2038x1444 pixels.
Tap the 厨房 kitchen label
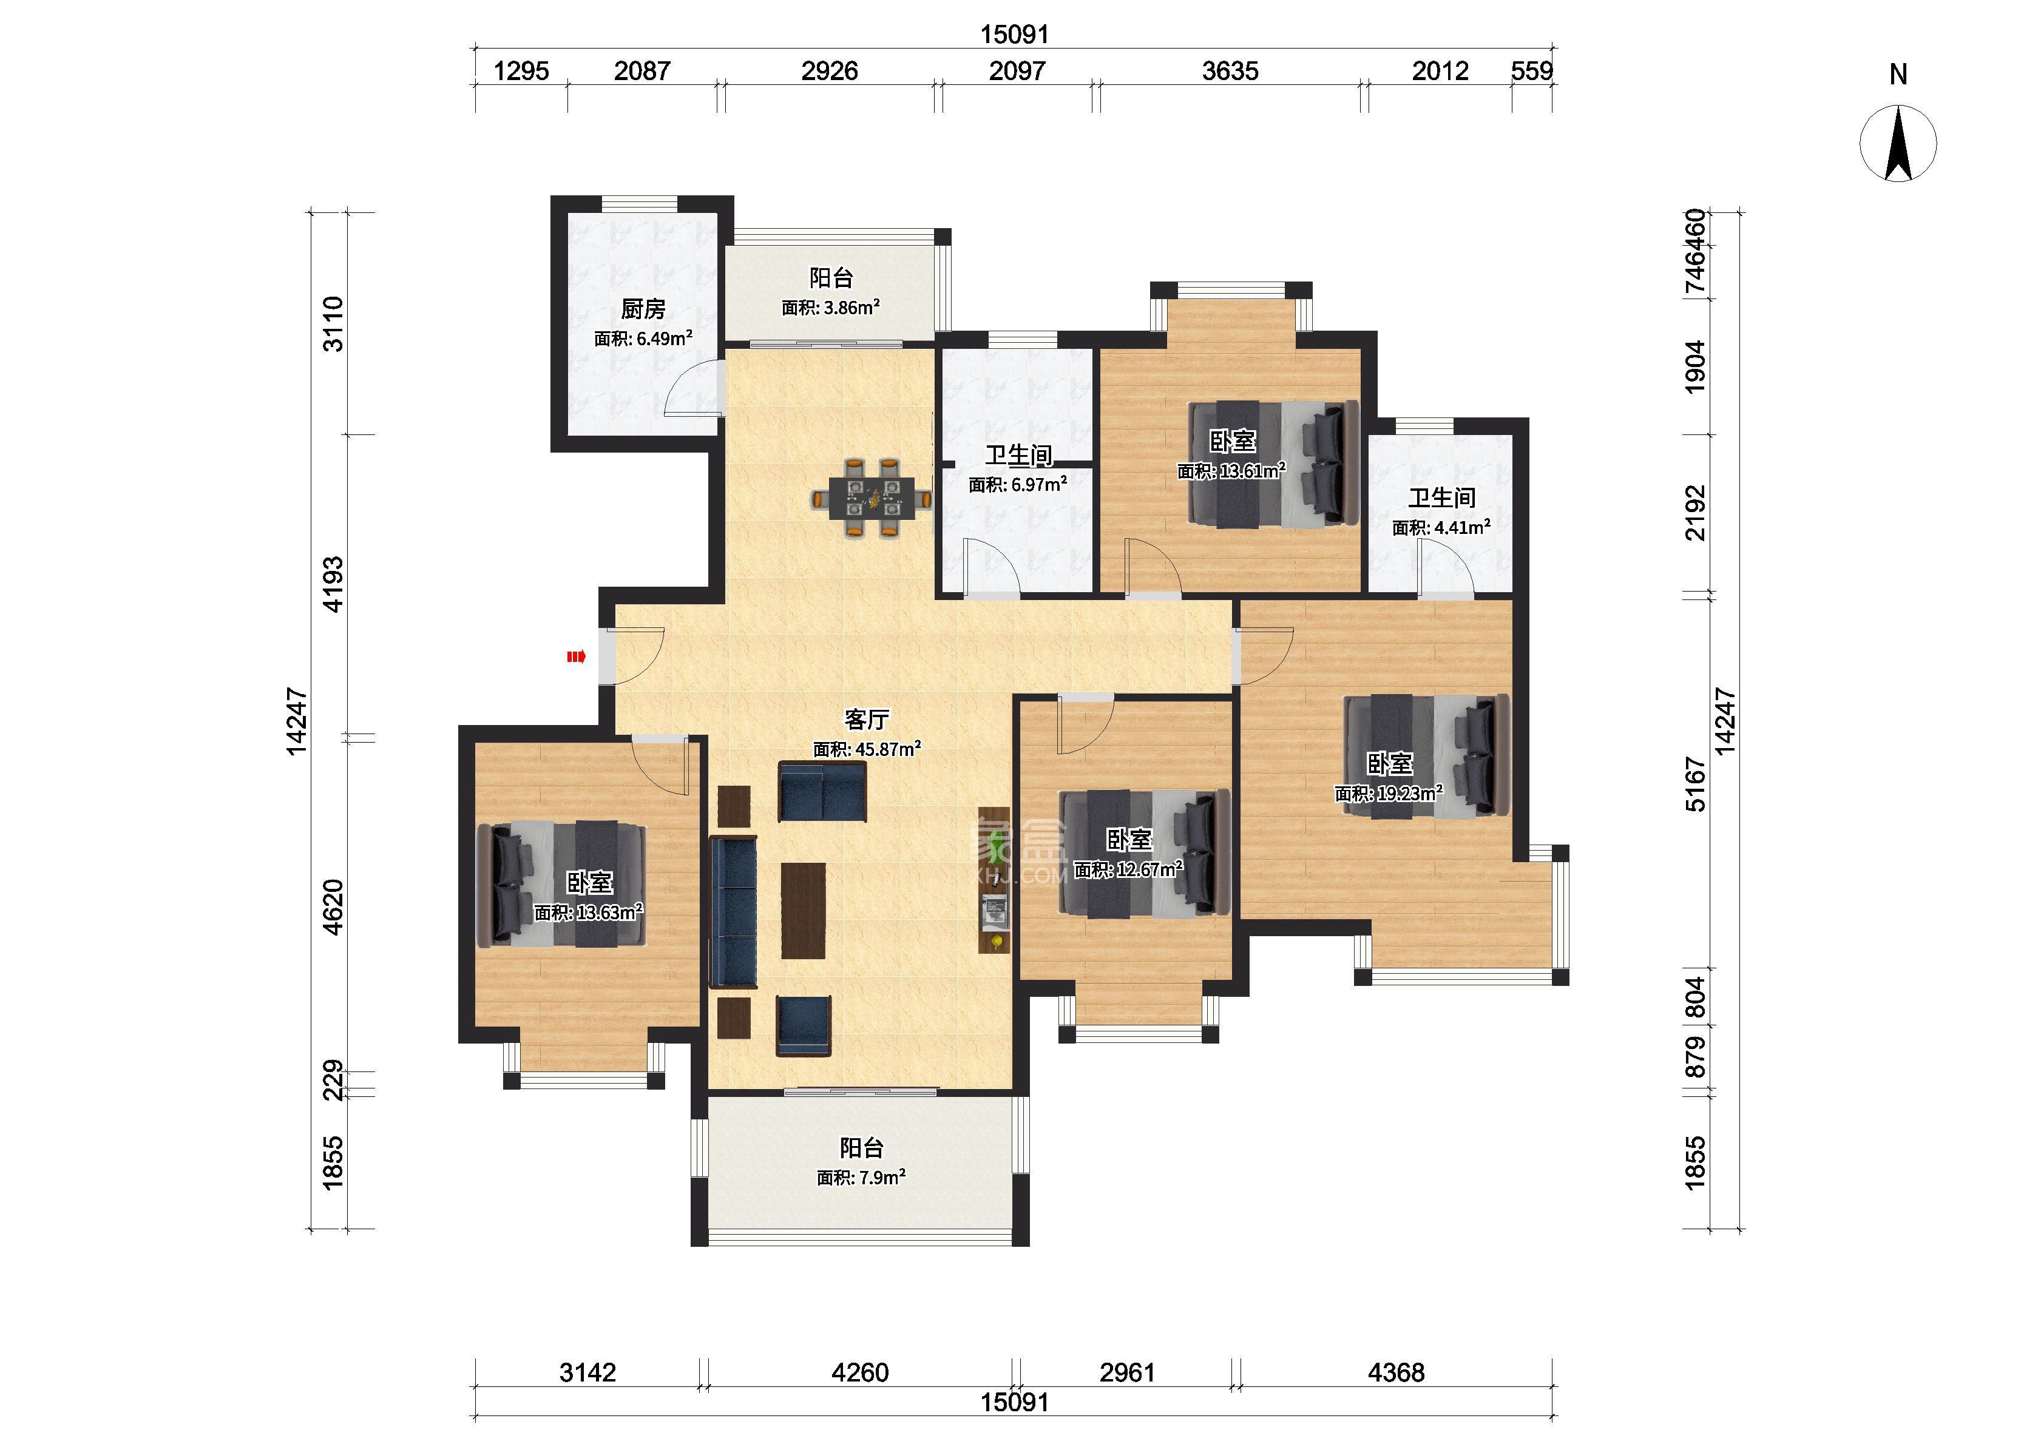pyautogui.click(x=643, y=309)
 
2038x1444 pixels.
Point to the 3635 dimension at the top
pyautogui.click(x=1230, y=71)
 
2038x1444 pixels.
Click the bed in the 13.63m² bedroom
pyautogui.click(x=561, y=884)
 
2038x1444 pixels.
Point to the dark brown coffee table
pyautogui.click(x=803, y=911)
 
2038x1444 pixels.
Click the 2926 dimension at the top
pyautogui.click(x=830, y=71)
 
